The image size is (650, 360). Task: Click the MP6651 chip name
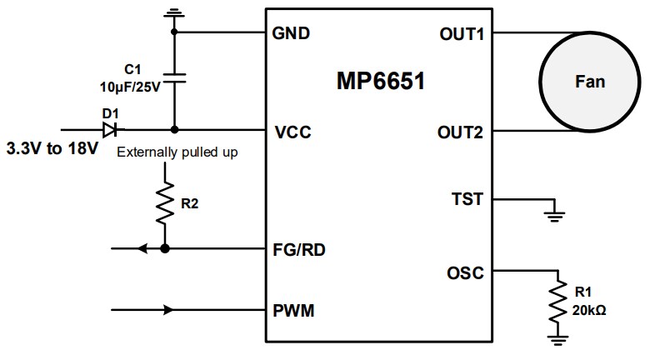tap(382, 82)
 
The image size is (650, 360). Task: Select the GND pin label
tap(291, 34)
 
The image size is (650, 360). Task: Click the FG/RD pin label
tap(300, 248)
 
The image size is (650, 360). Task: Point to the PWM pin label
tap(293, 311)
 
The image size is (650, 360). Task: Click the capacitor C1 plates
tap(174, 77)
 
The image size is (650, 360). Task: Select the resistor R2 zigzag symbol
tap(165, 202)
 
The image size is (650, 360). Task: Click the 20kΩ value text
tap(588, 310)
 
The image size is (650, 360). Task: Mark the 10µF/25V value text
tap(129, 85)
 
